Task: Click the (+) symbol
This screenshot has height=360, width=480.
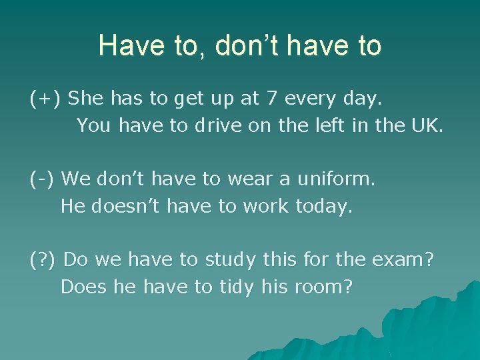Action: tap(46, 99)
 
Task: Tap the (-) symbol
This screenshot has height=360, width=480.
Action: tap(41, 179)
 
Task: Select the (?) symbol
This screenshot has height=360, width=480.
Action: tap(43, 260)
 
